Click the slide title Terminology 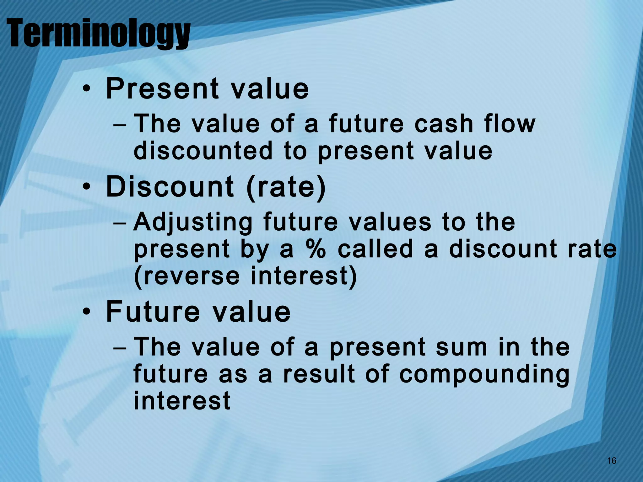pos(98,34)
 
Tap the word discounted pos(203,151)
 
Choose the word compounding pos(484,375)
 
